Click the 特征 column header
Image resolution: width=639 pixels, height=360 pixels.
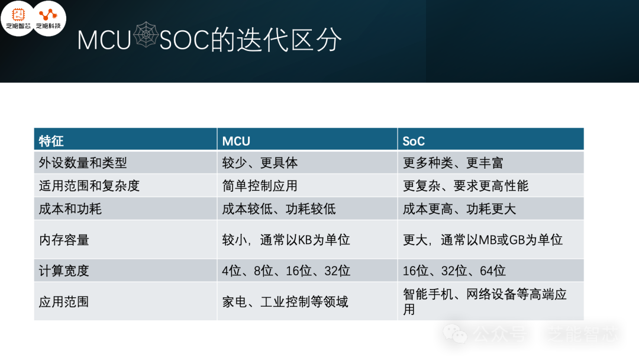51,141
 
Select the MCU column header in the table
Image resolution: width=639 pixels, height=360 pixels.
236,141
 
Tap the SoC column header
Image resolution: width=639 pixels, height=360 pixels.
414,141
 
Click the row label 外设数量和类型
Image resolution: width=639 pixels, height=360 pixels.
83,163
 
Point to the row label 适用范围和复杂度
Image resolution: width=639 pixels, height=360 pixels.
89,186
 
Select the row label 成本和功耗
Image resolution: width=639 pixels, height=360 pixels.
70,209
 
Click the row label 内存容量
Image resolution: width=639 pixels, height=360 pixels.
64,240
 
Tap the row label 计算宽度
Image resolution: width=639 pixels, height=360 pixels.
64,271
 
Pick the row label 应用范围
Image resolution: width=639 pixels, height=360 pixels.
64,302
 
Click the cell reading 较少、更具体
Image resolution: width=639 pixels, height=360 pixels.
260,163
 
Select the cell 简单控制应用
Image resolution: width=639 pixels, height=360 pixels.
260,186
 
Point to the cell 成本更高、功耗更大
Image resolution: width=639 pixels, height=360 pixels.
460,209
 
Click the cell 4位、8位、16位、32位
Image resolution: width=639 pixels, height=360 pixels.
286,271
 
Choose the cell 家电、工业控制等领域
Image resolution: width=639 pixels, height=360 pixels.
285,302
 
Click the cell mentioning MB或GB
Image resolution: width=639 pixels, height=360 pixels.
483,240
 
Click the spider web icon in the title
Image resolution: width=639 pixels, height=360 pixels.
146,35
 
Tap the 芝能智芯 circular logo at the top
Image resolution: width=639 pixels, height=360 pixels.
18,18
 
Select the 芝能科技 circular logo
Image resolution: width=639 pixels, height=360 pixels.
49,18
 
